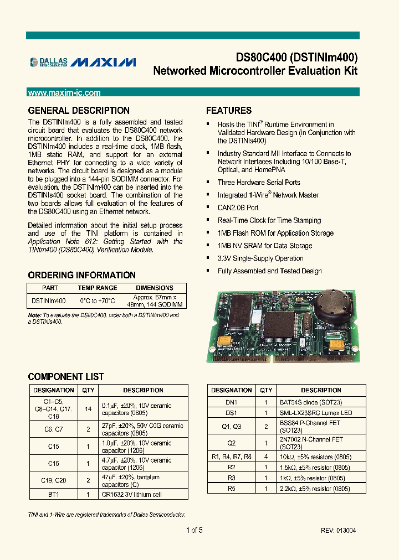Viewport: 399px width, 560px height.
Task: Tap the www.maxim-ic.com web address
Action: click(x=64, y=93)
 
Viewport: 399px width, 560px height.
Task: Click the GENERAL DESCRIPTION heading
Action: click(x=79, y=111)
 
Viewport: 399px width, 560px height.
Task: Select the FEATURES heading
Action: click(x=229, y=111)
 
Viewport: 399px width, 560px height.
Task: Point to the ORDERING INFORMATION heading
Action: click(x=81, y=275)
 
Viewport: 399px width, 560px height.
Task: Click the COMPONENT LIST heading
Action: click(x=66, y=377)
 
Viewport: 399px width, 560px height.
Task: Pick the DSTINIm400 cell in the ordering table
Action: click(x=49, y=301)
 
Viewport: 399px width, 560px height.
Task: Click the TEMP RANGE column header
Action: click(x=98, y=288)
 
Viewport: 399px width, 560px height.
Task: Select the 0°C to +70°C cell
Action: click(x=98, y=301)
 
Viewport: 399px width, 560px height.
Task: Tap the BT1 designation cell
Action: click(x=53, y=494)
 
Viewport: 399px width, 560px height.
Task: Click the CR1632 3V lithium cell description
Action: click(x=132, y=494)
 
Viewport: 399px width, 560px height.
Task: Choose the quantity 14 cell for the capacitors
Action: click(x=89, y=409)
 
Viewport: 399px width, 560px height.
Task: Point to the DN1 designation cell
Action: click(x=231, y=403)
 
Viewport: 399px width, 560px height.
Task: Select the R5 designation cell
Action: click(x=231, y=489)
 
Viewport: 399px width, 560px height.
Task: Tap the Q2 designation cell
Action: click(x=231, y=443)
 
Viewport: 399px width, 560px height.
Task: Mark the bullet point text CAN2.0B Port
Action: click(x=238, y=208)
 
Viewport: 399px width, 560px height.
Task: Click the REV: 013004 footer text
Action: click(x=338, y=531)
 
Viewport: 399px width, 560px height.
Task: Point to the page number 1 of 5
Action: click(x=195, y=531)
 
